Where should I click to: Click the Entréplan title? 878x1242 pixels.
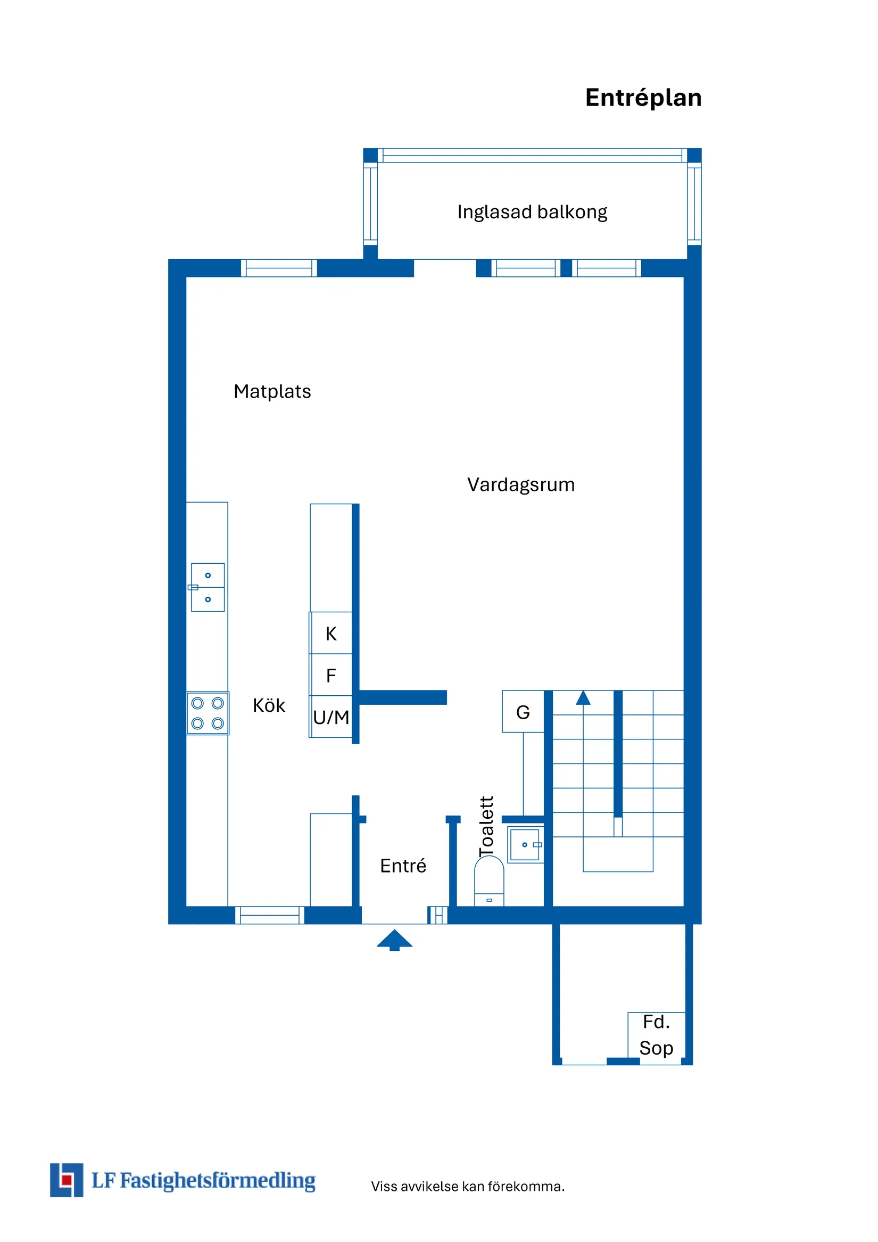[643, 98]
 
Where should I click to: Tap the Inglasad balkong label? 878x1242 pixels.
[532, 212]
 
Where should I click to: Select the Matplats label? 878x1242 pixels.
[272, 391]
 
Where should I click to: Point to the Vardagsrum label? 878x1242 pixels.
[520, 484]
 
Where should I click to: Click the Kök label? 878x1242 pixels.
[269, 705]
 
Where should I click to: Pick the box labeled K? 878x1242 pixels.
[331, 634]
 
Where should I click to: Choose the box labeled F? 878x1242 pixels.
[331, 675]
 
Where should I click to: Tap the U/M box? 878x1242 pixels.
[331, 717]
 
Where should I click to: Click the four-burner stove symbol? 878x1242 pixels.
[208, 713]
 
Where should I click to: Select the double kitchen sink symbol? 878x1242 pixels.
[208, 588]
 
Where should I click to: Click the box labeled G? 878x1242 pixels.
[523, 712]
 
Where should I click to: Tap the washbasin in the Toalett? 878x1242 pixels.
[525, 844]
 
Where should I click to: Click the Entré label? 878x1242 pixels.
[403, 866]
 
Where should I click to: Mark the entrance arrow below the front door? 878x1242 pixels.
[394, 940]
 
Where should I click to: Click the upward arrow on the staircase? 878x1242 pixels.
[583, 699]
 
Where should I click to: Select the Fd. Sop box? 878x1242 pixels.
[656, 1035]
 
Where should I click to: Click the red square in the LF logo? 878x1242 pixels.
[67, 1179]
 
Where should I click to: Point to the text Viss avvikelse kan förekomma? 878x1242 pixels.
[468, 1186]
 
